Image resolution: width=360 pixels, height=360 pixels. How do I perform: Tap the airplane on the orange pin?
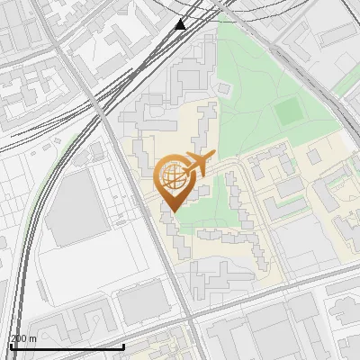tap(197, 164)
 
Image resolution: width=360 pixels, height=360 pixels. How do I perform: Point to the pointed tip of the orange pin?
tap(172, 211)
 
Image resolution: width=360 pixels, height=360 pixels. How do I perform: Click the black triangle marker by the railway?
tap(181, 24)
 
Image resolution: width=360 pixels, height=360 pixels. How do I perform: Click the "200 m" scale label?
tap(23, 338)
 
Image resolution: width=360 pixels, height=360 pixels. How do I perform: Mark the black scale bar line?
tap(67, 346)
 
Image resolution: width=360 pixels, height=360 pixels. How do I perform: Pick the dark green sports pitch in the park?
tap(289, 112)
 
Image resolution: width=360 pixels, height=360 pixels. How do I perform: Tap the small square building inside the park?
tap(224, 88)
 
